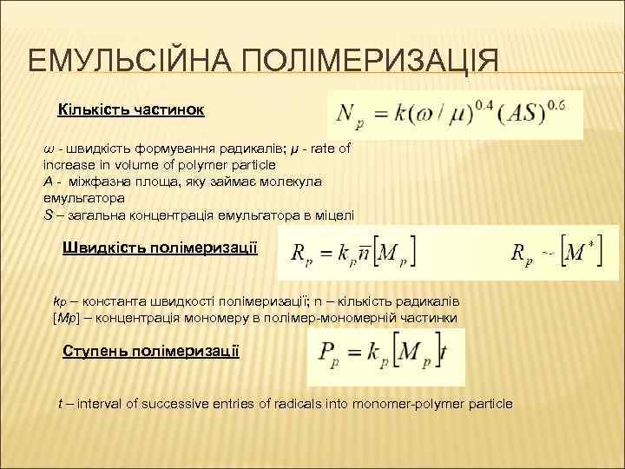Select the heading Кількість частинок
(130, 110)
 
